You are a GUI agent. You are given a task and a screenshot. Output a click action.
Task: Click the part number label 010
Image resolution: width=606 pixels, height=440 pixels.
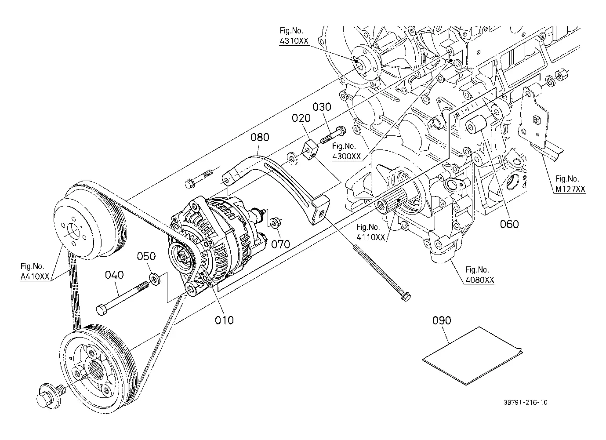tap(224, 320)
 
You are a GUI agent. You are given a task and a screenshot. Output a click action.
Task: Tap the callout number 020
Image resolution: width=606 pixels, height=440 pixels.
tap(301, 118)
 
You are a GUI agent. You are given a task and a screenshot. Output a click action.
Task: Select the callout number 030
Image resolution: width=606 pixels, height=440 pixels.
tap(322, 107)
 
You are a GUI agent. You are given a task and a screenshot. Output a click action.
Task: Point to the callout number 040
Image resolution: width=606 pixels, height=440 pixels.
tap(114, 275)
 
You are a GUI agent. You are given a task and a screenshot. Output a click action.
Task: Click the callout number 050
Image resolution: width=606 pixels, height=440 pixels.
tap(146, 256)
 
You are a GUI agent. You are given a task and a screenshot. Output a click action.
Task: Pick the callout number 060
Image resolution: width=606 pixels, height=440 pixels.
tap(509, 224)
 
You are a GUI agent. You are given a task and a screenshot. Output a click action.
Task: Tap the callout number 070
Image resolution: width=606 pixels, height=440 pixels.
tap(280, 244)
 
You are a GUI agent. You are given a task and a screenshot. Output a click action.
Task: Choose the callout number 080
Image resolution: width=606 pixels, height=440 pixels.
tap(260, 138)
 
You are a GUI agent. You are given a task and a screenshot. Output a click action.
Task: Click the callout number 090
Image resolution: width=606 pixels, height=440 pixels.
tap(442, 320)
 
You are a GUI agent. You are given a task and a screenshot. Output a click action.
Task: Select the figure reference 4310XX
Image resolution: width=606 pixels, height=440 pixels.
tap(294, 41)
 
